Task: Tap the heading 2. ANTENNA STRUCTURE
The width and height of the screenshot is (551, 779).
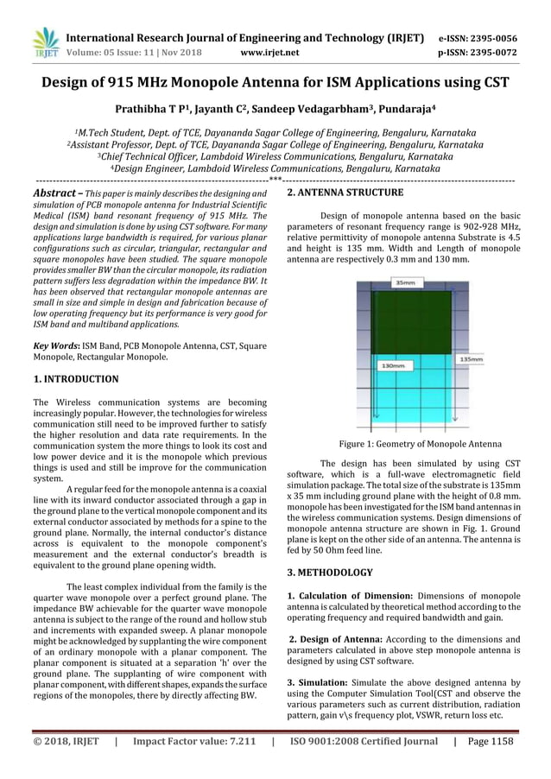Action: click(345, 193)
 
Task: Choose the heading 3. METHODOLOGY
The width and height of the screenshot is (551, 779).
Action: click(330, 573)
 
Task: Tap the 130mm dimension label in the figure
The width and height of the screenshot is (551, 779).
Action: click(393, 365)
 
